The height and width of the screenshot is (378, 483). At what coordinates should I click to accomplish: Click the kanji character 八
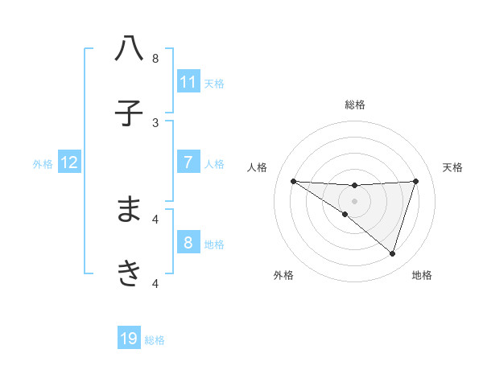point(129,49)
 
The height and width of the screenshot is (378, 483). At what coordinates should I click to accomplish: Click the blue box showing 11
point(188,81)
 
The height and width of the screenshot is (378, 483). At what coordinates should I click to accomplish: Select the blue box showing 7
point(188,162)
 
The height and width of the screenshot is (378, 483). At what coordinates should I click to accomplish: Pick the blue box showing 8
point(188,242)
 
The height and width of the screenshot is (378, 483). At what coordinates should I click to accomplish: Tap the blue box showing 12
point(69,162)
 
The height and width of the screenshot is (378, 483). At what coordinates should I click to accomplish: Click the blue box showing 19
point(129,339)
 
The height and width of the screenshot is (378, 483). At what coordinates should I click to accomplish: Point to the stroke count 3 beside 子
point(155,122)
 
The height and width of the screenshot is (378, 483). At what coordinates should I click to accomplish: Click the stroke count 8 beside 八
point(155,58)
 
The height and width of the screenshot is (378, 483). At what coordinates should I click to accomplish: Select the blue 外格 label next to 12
point(43,163)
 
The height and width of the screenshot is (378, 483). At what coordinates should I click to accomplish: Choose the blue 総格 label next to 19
point(155,340)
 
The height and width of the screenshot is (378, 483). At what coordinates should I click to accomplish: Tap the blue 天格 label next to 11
point(214,83)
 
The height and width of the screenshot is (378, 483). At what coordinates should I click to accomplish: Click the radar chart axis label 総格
point(355,105)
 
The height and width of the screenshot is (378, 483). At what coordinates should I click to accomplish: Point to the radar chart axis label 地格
point(422,275)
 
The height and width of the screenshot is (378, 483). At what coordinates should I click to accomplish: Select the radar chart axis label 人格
point(258,167)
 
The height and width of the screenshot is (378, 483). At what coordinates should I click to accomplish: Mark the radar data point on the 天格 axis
point(415,181)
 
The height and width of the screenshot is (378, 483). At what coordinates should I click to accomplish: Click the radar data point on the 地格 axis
point(392,253)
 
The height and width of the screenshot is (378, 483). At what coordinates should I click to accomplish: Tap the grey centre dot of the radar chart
point(354,200)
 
